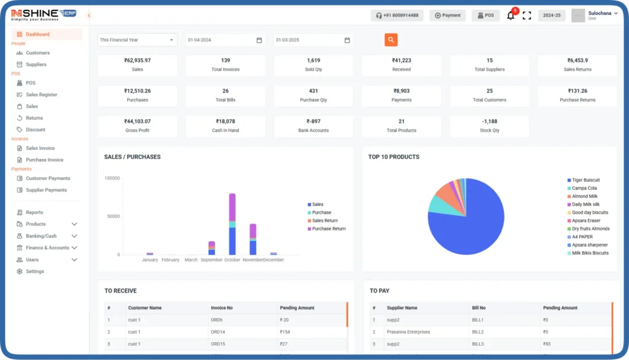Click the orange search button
click(x=391, y=40)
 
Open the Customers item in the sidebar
click(x=37, y=53)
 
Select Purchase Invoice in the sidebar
click(x=44, y=160)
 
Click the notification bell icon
click(x=510, y=15)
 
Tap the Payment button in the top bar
click(x=447, y=15)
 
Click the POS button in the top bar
click(x=485, y=15)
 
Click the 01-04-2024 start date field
click(x=225, y=40)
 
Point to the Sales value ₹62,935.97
click(x=137, y=61)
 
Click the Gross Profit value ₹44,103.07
click(x=137, y=122)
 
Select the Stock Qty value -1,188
click(x=490, y=122)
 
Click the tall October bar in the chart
click(x=232, y=224)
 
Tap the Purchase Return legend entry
click(x=329, y=229)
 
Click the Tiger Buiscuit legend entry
click(x=585, y=180)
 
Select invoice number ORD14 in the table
click(x=218, y=332)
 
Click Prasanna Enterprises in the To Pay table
click(x=408, y=332)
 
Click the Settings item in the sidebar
click(x=34, y=272)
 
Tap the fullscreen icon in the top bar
click(x=526, y=15)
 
